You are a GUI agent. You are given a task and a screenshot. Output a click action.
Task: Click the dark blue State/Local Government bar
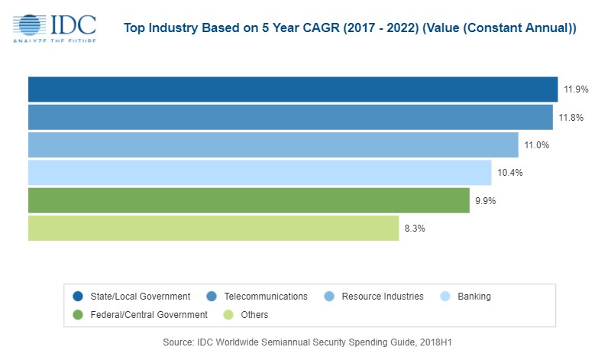tap(293, 89)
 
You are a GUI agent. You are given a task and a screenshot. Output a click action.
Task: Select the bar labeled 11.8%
tap(290, 117)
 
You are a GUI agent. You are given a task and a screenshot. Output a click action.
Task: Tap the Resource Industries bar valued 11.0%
tap(273, 144)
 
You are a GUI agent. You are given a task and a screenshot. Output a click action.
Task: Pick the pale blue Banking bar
tap(260, 173)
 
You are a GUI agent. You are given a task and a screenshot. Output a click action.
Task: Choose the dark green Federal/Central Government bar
tap(248, 200)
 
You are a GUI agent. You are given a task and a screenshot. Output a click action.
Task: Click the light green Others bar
tap(213, 228)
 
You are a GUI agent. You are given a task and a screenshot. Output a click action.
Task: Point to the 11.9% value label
tap(576, 89)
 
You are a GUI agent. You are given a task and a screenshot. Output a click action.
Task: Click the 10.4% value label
tap(509, 173)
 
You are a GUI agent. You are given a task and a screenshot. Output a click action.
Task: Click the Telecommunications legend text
tap(267, 297)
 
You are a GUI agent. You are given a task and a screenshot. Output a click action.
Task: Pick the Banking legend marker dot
tap(448, 297)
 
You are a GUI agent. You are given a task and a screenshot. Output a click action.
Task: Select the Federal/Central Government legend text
tap(149, 314)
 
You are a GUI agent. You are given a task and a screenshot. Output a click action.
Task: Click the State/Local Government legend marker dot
tap(78, 297)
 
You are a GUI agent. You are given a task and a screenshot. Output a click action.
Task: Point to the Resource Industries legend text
tap(382, 297)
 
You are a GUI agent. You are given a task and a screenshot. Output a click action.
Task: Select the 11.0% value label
tap(537, 145)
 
